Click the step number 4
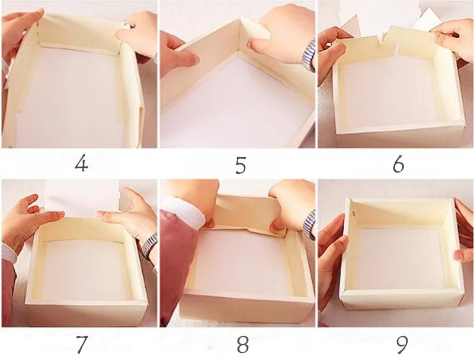point(81,164)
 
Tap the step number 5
point(241,165)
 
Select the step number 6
point(398,165)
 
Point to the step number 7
point(81,345)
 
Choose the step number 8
point(242,345)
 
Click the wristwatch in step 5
point(309,55)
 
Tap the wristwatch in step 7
point(149,244)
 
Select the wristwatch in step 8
point(308,224)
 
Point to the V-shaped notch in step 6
point(382,40)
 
